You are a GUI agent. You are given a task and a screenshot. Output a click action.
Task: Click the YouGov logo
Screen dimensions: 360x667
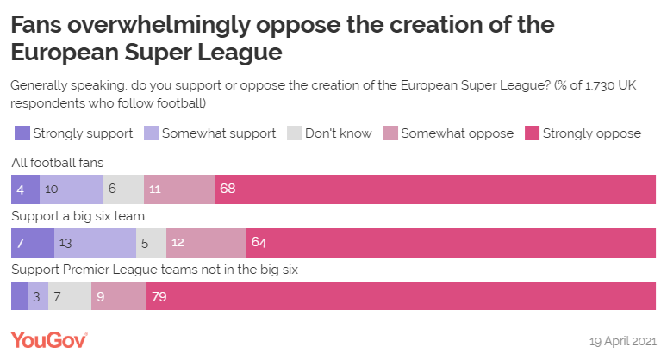pos(49,339)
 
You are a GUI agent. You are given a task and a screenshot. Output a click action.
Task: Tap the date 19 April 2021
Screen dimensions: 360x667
pos(623,341)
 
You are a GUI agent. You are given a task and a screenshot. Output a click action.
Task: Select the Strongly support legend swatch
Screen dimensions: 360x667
pos(22,133)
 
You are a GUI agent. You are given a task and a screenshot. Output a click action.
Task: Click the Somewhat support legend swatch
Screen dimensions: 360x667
pos(151,133)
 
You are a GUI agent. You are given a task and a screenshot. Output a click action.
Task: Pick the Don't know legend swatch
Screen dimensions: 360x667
pos(295,133)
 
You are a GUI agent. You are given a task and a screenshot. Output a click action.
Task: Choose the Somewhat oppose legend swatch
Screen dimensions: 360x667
pos(390,133)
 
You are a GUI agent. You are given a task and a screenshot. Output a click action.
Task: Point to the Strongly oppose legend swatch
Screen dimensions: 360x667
pos(532,133)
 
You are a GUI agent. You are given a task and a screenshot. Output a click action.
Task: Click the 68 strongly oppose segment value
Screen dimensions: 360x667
pos(228,189)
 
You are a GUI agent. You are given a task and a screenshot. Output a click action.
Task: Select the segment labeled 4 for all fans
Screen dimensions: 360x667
pos(25,189)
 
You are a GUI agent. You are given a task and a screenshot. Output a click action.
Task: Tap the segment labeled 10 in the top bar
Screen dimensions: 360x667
pos(72,189)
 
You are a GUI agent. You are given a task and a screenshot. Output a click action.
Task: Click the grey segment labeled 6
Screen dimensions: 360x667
pos(123,189)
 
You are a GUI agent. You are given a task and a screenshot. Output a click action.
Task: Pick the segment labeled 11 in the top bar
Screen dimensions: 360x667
pos(179,189)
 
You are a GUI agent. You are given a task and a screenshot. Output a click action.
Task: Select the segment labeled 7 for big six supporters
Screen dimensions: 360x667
pos(33,243)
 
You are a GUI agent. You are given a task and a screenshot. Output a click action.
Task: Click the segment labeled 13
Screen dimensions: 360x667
pos(95,243)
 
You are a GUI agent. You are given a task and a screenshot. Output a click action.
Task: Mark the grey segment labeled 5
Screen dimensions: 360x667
pos(151,243)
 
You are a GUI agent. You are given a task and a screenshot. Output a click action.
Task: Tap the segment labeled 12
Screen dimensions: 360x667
pos(206,243)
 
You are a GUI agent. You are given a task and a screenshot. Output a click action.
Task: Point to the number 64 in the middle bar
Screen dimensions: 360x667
pos(259,243)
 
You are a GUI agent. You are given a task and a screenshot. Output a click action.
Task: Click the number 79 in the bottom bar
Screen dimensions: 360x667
pos(159,296)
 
